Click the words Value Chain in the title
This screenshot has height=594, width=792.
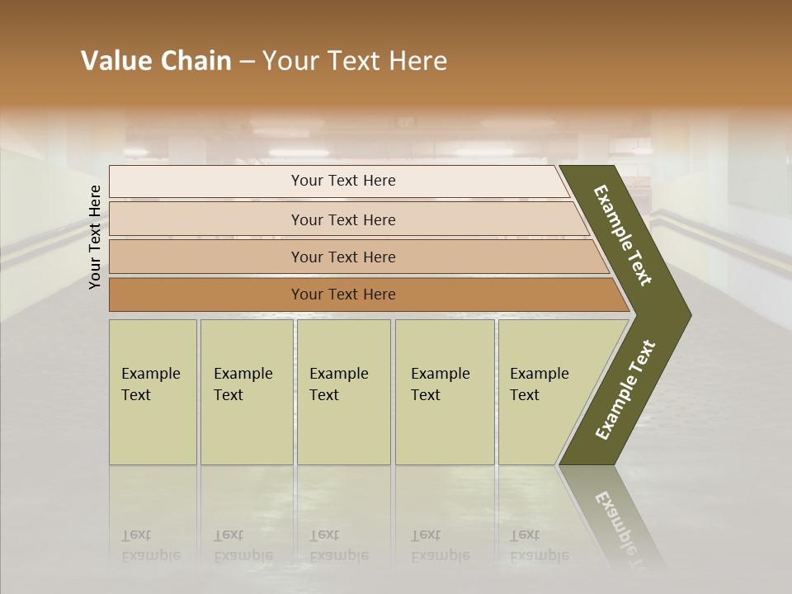tap(156, 61)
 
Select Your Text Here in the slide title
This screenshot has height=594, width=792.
tap(355, 61)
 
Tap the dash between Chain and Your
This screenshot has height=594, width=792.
tap(247, 62)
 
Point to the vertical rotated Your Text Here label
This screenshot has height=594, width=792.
tap(95, 237)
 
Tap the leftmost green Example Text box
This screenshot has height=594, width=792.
tap(153, 392)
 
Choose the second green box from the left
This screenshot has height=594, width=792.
tap(247, 392)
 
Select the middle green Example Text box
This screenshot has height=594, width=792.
tap(343, 392)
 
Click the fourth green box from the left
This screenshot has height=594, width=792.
tap(445, 392)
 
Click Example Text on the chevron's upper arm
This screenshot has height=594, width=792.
tap(623, 235)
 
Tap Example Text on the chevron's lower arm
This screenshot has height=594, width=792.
tap(625, 390)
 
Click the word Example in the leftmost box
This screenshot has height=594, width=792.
tap(150, 374)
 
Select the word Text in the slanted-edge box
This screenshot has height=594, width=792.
tap(524, 395)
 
